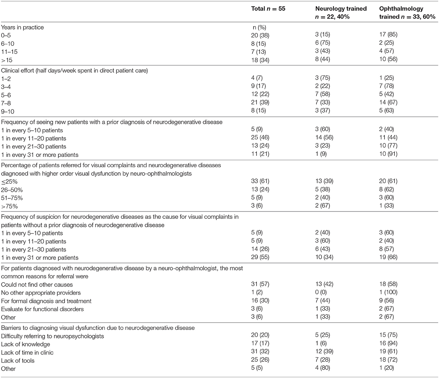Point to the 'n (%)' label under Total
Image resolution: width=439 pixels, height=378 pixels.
[x=257, y=27]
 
